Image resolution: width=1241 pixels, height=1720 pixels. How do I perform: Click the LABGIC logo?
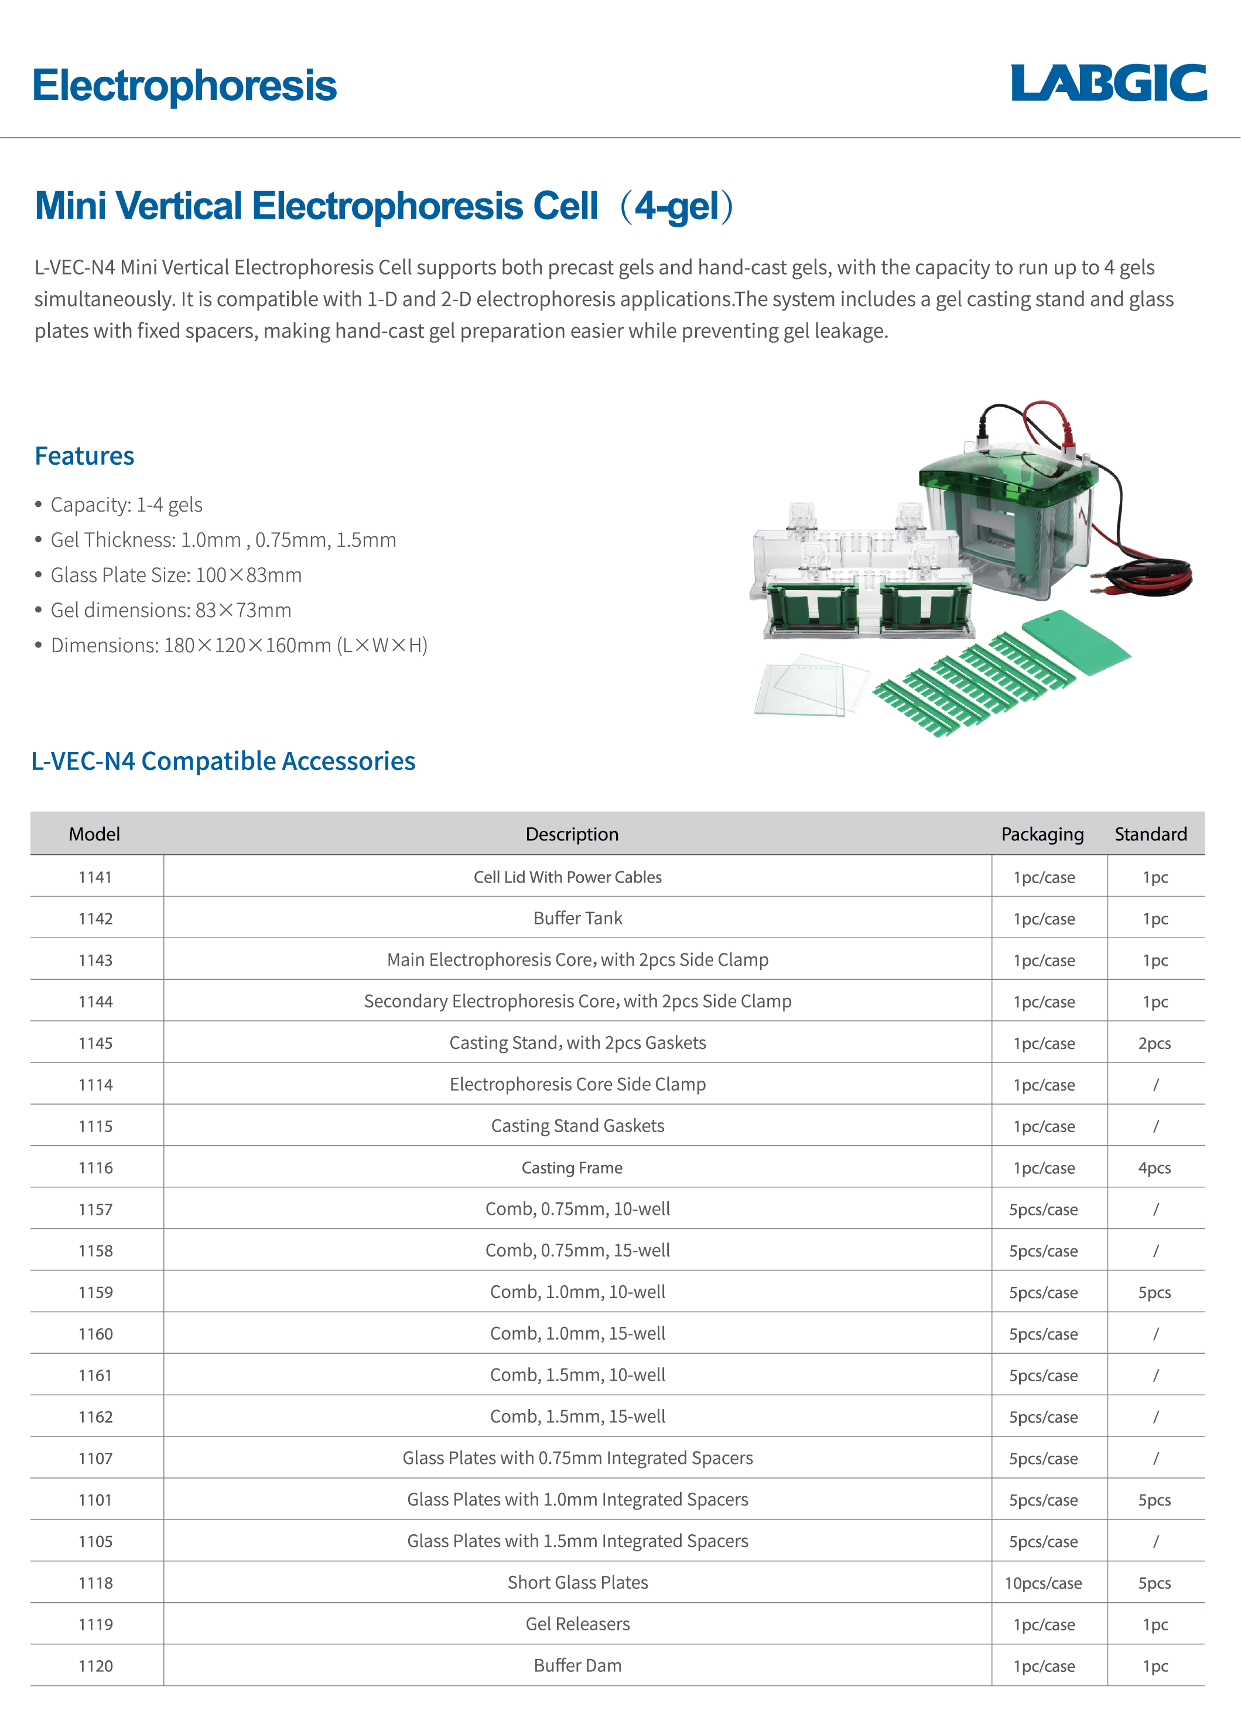coord(1108,83)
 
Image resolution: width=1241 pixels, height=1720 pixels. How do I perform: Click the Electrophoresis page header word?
coord(184,86)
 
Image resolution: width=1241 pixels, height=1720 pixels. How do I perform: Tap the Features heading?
coord(84,456)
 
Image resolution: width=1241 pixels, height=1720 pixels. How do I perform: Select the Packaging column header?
coord(1042,835)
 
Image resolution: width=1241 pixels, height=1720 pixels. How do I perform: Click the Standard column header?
coord(1150,835)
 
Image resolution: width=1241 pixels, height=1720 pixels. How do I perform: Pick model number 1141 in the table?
coord(95,877)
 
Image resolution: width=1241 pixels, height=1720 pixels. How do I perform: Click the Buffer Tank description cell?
coord(577,918)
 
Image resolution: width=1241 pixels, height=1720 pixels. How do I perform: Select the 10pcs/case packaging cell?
coord(1043,1583)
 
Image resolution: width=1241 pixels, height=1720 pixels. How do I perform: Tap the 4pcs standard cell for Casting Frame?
coord(1154,1168)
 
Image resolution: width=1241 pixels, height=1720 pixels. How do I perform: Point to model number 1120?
coord(95,1666)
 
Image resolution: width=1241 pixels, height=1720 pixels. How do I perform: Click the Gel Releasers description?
coord(577,1624)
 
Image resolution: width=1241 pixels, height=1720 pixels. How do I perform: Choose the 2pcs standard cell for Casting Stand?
coord(1154,1044)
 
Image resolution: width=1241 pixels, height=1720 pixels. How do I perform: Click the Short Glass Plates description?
coord(577,1583)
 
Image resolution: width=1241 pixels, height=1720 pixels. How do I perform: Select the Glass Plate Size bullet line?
coord(176,575)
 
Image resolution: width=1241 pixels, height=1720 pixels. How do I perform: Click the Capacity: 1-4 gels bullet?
coord(126,505)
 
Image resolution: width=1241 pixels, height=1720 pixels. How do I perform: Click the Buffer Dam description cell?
coord(577,1665)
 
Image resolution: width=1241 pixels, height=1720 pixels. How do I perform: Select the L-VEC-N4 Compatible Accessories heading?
coord(223,761)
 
